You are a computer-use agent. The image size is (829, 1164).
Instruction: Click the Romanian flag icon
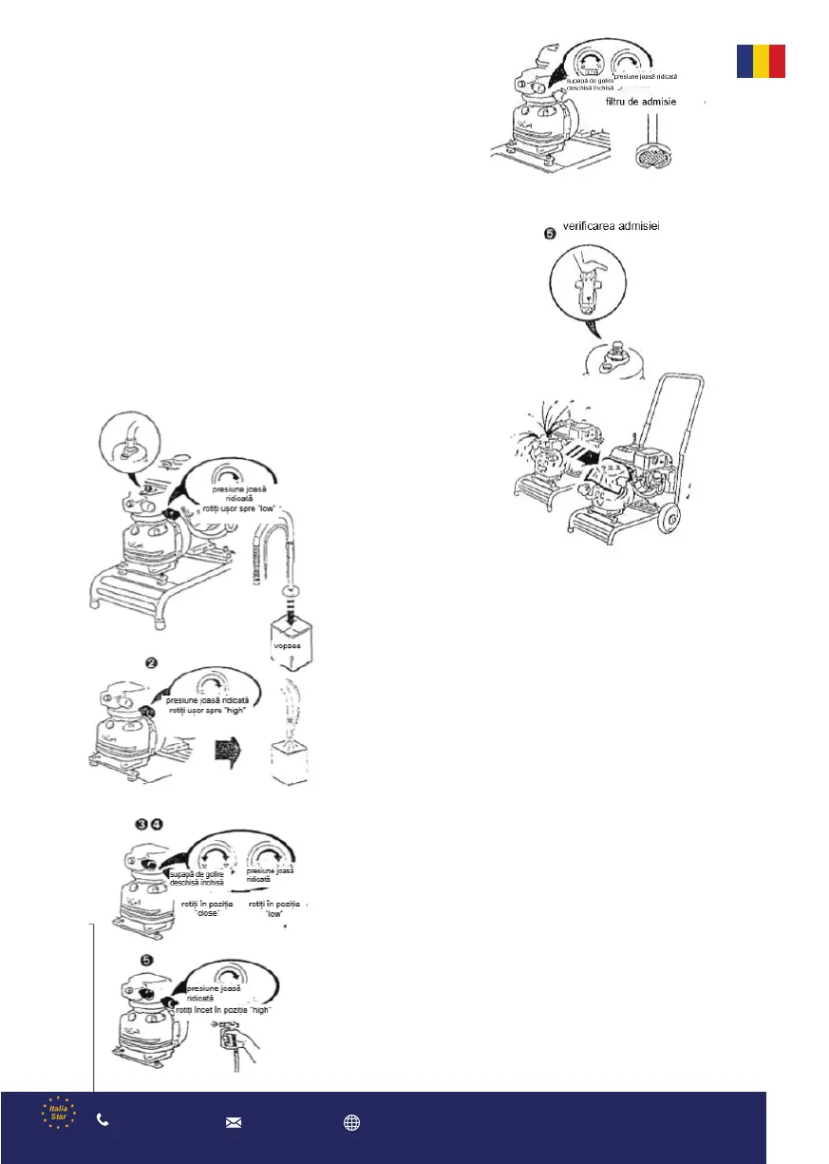pyautogui.click(x=761, y=60)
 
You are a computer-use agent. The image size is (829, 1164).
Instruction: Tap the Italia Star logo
pyautogui.click(x=58, y=1114)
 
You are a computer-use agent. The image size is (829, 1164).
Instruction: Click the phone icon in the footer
pyautogui.click(x=103, y=1121)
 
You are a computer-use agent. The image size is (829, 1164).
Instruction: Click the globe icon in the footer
pyautogui.click(x=351, y=1122)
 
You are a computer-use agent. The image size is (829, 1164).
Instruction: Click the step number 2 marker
pyautogui.click(x=150, y=660)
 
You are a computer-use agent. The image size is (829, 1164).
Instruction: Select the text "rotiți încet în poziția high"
pyautogui.click(x=224, y=1010)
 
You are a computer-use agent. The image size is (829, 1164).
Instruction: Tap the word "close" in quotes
pyautogui.click(x=208, y=912)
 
